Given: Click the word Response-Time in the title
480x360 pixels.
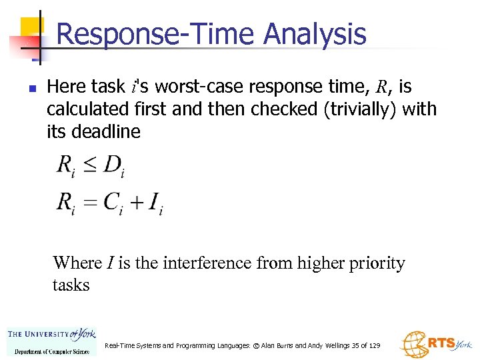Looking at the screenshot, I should point(158,35).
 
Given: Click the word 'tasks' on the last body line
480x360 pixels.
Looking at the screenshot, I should point(71,285).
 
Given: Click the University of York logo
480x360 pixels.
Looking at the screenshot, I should point(52,341).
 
